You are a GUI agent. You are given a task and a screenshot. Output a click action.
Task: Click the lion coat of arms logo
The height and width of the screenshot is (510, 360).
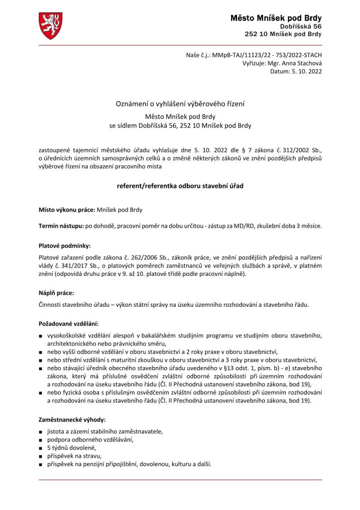50,26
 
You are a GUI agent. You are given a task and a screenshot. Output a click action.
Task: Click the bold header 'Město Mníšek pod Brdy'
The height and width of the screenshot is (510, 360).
276,18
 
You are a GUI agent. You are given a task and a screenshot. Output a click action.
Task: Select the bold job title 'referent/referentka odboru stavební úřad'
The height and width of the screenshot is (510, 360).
180,185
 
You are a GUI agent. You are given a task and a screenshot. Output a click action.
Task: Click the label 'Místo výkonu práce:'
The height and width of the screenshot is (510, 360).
67,210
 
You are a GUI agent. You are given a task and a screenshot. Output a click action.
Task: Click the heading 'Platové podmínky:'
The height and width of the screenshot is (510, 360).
65,246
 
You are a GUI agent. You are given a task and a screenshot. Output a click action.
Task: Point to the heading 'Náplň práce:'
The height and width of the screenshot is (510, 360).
56,293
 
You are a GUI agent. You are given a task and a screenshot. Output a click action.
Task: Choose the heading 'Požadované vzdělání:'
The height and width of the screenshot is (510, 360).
68,324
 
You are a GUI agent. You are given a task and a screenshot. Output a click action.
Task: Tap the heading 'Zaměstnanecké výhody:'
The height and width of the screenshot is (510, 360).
72,420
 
